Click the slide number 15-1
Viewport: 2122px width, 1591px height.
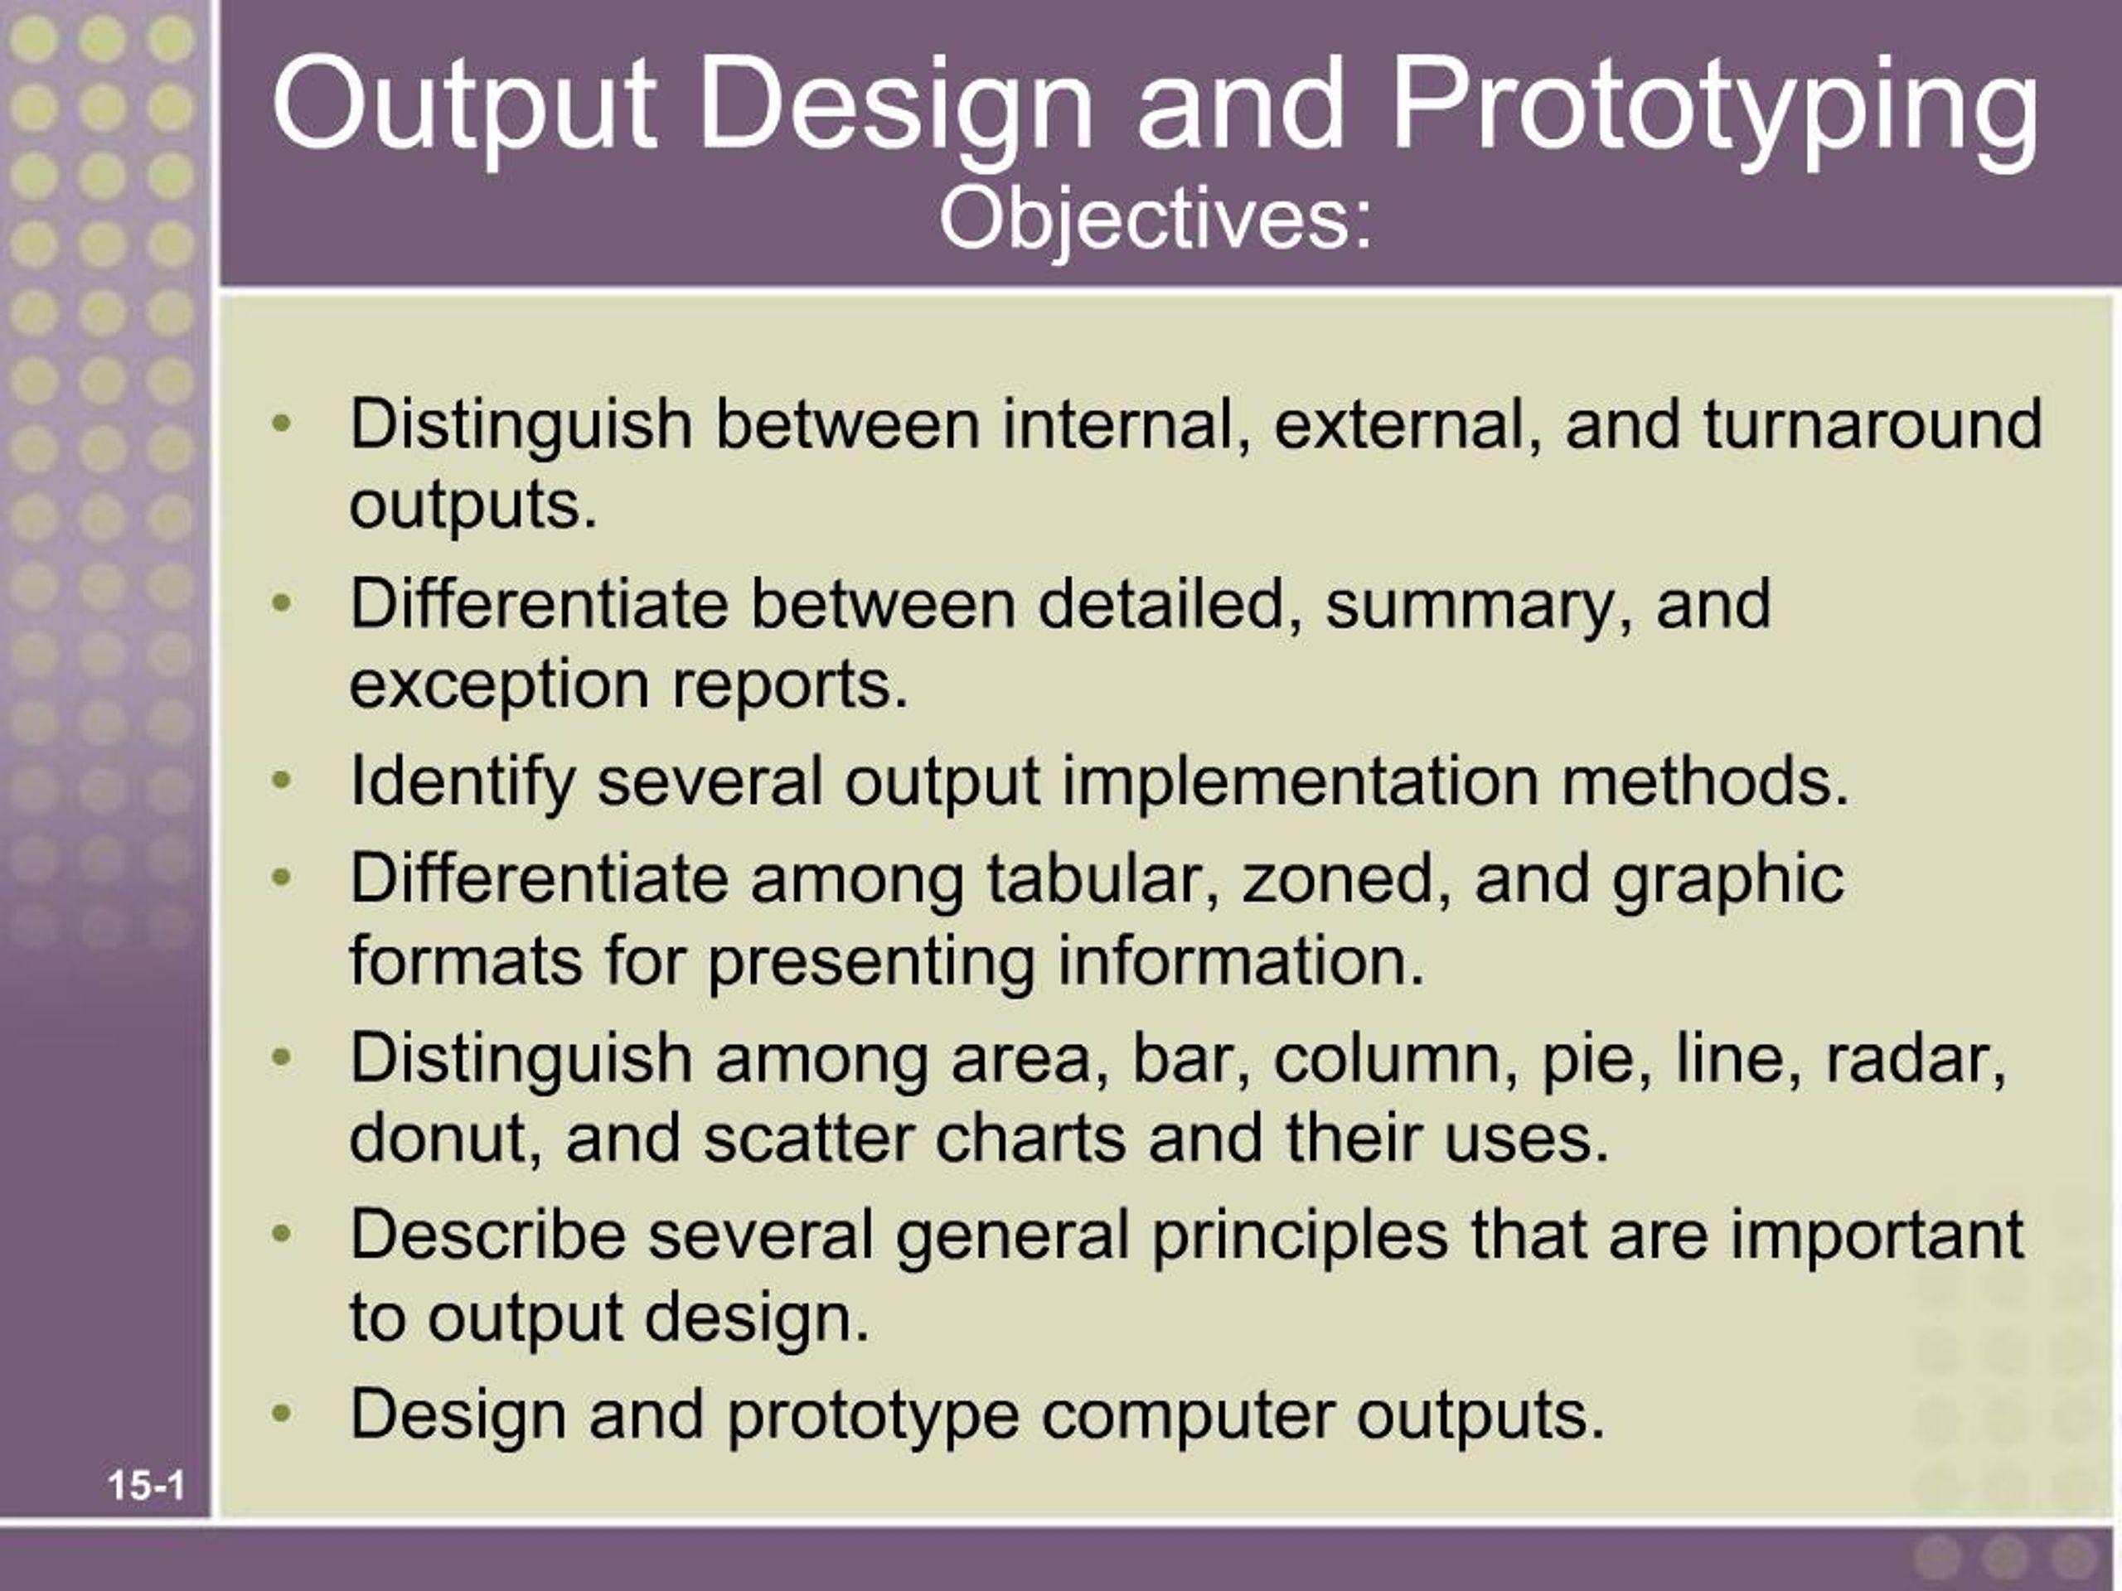click(146, 1486)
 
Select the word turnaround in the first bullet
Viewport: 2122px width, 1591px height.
click(1872, 425)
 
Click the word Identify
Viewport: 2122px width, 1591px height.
click(462, 781)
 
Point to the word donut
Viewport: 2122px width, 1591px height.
click(445, 1139)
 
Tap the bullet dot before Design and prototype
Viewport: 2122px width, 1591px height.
click(281, 1413)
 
